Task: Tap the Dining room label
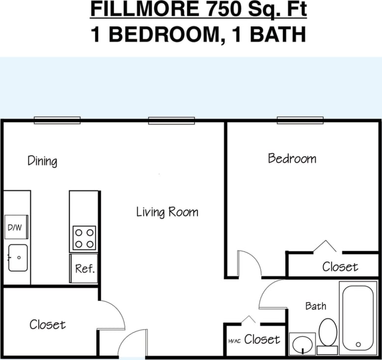click(x=42, y=161)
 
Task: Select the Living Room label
click(x=167, y=212)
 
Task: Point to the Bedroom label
click(x=292, y=158)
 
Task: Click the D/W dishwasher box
click(x=16, y=227)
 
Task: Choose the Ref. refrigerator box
click(x=84, y=269)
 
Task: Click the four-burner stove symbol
click(x=84, y=238)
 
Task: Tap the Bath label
click(x=315, y=306)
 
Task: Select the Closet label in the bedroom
click(x=340, y=267)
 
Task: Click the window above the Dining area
click(x=57, y=120)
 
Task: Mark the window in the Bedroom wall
click(x=300, y=120)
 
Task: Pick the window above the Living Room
click(x=171, y=120)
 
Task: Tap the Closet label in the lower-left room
click(x=47, y=325)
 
